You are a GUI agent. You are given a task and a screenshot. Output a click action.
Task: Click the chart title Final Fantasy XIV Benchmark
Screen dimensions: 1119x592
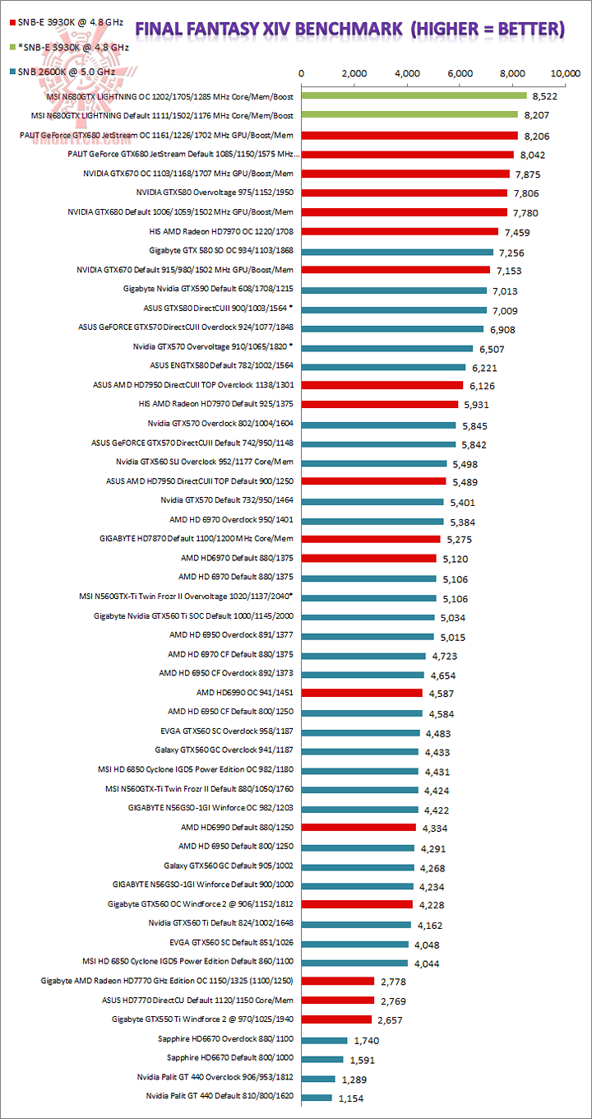point(349,30)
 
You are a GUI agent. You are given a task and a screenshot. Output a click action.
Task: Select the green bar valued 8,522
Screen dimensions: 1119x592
point(414,95)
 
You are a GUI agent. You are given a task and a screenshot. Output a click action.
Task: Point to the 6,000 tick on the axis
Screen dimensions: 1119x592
point(460,73)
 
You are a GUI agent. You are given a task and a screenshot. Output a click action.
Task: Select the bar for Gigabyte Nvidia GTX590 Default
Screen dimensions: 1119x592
point(395,290)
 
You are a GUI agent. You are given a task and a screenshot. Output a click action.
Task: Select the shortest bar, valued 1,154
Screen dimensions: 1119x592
point(317,1097)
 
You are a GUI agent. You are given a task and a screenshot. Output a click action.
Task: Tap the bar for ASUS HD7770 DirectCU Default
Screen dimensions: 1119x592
point(338,1000)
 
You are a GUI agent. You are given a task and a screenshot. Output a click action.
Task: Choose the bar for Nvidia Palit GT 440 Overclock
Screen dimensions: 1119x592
point(319,1078)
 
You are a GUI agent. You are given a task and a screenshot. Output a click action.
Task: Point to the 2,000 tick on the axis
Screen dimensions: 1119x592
point(354,73)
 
